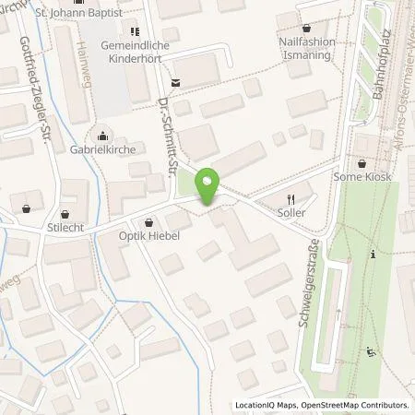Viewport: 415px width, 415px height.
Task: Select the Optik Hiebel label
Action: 149,236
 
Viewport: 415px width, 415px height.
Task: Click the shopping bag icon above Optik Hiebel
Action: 149,222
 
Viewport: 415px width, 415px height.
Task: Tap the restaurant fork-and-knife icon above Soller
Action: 291,197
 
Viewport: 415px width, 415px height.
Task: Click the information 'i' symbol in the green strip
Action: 370,254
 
